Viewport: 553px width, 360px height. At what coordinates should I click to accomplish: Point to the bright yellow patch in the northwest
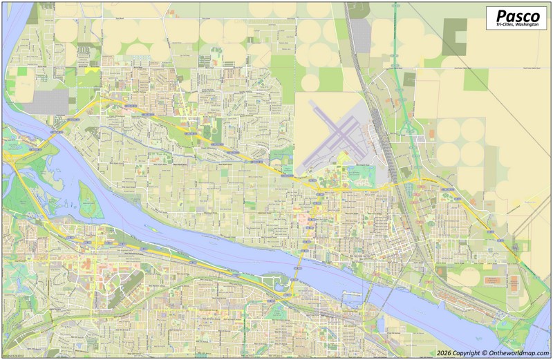point(91,70)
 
